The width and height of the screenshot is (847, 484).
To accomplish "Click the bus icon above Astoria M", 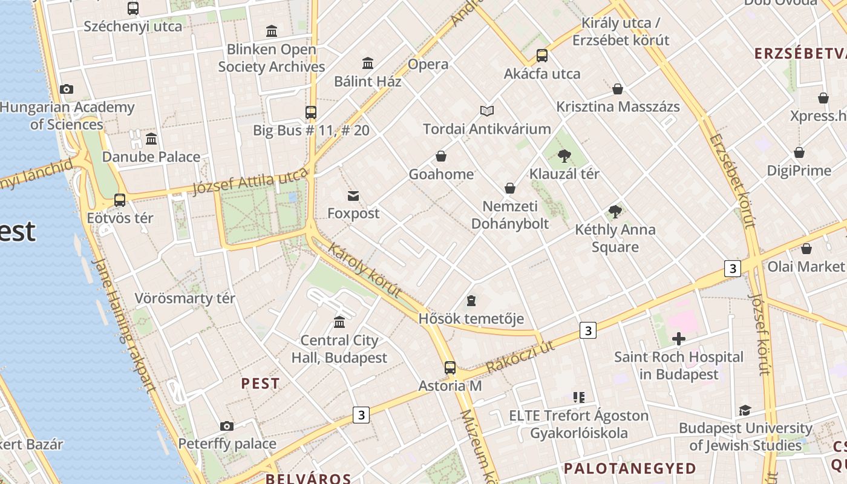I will point(450,367).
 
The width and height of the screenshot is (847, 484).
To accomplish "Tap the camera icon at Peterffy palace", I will point(227,426).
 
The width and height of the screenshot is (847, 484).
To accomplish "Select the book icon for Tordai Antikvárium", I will point(487,111).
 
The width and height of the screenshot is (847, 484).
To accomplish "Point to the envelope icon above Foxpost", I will point(353,195).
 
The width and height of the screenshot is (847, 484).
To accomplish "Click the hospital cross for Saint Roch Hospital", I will point(678,339).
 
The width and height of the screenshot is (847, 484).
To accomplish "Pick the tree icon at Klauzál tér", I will point(564,156).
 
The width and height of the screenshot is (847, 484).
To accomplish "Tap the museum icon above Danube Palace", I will point(151,139).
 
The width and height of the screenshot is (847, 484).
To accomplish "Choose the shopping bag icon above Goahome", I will point(441,157).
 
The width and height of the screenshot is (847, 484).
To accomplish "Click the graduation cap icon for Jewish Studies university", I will point(745,411).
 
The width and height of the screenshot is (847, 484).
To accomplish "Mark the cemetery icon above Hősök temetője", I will point(471,301).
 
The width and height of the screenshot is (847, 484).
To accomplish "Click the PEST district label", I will point(260,384).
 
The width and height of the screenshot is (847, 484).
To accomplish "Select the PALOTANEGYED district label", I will point(630,468).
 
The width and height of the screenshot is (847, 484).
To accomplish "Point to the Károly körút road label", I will point(365,270).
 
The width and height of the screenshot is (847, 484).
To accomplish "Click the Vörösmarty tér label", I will point(185,298).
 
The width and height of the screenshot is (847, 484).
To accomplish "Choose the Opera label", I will point(428,64).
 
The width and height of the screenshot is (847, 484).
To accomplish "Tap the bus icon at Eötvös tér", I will point(120,200).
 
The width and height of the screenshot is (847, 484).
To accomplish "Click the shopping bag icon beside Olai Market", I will point(806,249).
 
